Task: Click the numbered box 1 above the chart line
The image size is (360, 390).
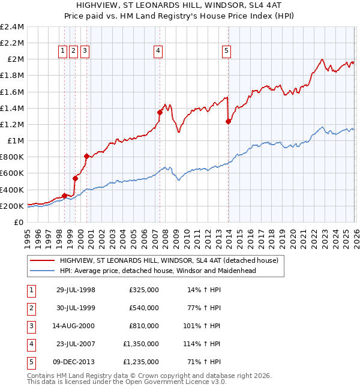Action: click(62, 52)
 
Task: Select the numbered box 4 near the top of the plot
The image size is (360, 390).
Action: click(158, 52)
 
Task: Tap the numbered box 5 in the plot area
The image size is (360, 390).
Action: click(226, 52)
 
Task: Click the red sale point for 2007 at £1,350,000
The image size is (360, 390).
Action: click(160, 112)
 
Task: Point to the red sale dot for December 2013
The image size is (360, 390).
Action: click(228, 121)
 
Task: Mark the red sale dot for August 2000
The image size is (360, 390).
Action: click(86, 156)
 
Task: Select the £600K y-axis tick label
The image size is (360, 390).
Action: click(13, 173)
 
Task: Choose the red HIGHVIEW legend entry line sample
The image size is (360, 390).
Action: click(42, 261)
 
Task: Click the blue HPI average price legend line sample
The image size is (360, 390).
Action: click(42, 271)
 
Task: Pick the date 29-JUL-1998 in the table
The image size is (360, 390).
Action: click(76, 290)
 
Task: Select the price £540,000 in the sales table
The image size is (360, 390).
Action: click(143, 308)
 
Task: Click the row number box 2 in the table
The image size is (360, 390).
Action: click(30, 308)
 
